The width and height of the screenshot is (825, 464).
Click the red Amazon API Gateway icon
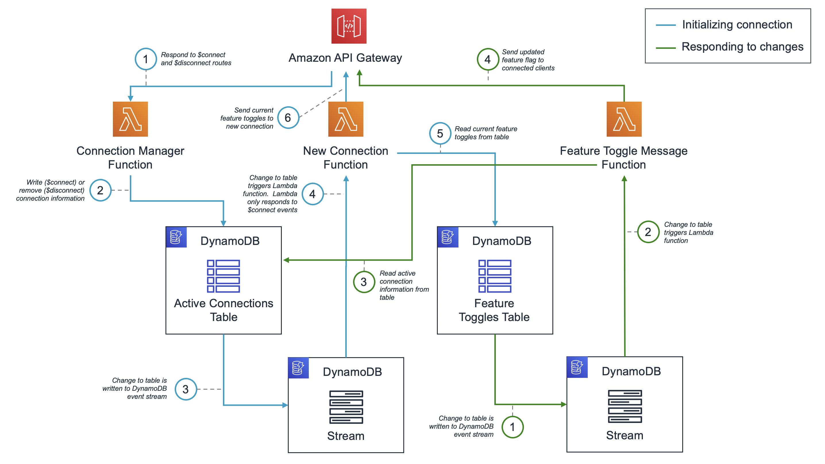point(349,26)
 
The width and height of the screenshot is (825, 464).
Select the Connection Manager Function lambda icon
point(130,119)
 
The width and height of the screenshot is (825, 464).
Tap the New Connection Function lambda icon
point(346,119)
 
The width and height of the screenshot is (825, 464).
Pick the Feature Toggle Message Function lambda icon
point(624,119)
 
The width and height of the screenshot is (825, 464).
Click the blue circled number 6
point(288,118)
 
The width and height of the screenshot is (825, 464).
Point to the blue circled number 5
point(440,133)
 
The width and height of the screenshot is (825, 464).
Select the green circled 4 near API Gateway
point(487,59)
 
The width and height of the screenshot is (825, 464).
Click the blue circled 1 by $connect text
point(146,59)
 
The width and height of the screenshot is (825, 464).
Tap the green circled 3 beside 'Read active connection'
point(364,282)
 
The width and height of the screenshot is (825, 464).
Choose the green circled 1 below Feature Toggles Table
point(512,427)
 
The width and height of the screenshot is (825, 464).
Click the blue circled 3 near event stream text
point(186,389)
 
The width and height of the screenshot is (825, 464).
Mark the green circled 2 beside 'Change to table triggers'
point(648,232)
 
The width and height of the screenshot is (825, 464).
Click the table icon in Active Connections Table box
point(223,276)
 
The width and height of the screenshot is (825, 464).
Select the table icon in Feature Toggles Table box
point(495,276)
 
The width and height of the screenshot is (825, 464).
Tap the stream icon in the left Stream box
point(346,407)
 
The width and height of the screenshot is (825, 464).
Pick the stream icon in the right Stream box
point(624,406)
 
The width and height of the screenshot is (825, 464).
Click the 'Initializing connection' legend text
point(737,25)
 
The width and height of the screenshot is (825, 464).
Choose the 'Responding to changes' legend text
point(742,47)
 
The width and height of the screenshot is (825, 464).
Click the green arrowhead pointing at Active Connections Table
point(286,260)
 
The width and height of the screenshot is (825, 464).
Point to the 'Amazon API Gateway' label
point(345,58)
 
